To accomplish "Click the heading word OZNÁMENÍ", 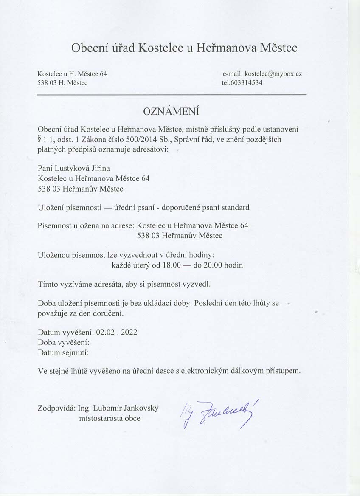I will pos(172,112).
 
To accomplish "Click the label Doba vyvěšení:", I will pos(63,342).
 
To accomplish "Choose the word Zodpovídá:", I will pos(56,409).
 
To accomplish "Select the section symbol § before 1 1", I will pos(39,139).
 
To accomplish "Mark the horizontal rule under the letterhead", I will pos(172,94).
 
